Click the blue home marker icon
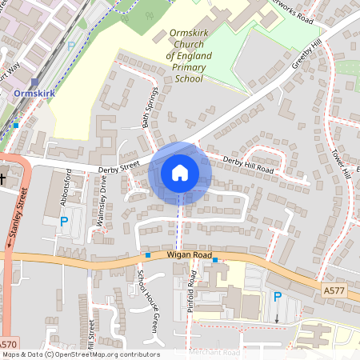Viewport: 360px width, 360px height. [179, 173]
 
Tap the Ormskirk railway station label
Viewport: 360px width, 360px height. [34, 94]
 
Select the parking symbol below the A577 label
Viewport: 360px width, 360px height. [278, 297]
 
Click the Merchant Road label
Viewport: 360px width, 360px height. [214, 353]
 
